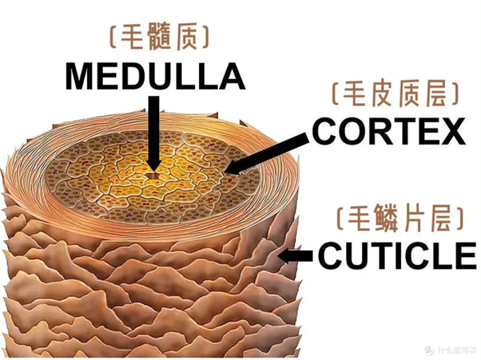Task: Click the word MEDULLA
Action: point(155,76)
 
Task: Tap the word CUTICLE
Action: point(397,255)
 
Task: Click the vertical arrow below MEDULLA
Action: point(154,133)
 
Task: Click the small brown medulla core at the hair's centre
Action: point(154,177)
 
